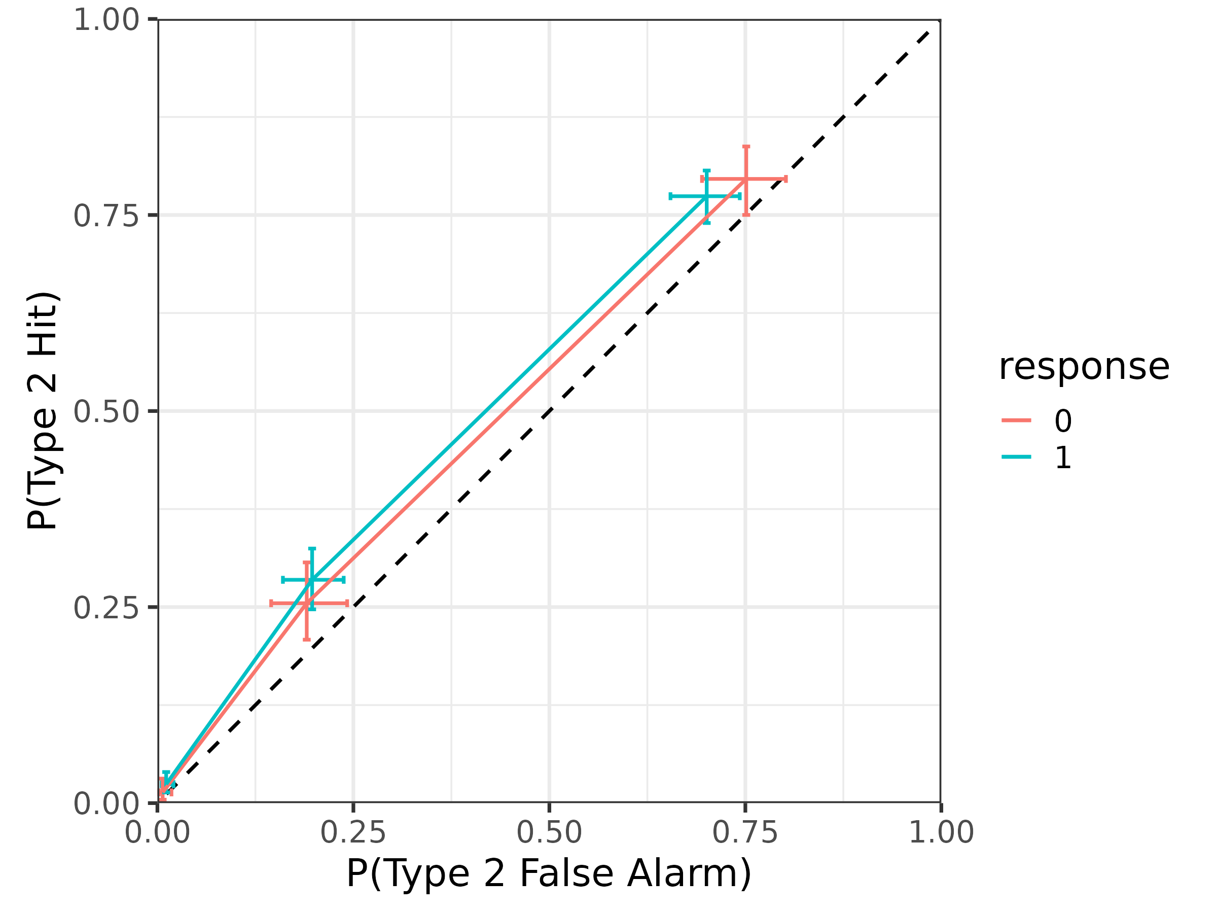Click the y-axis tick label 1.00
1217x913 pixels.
(106, 20)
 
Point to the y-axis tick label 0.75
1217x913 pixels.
(106, 216)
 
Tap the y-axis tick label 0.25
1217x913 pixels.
(106, 608)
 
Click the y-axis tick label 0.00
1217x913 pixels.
(106, 803)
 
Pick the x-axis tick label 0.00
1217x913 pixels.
(157, 832)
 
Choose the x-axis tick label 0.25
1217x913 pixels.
(353, 832)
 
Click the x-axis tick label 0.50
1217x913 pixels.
(549, 832)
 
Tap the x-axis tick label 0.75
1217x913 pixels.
(745, 832)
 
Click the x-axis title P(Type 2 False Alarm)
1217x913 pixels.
(549, 874)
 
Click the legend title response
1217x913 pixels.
(1084, 367)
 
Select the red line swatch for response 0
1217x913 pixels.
(1016, 420)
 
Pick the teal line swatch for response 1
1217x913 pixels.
(1016, 457)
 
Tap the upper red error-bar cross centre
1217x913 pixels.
(746, 179)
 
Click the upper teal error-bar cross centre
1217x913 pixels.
(706, 196)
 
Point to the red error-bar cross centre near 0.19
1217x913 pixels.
(307, 604)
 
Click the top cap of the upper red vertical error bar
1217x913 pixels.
(746, 147)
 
